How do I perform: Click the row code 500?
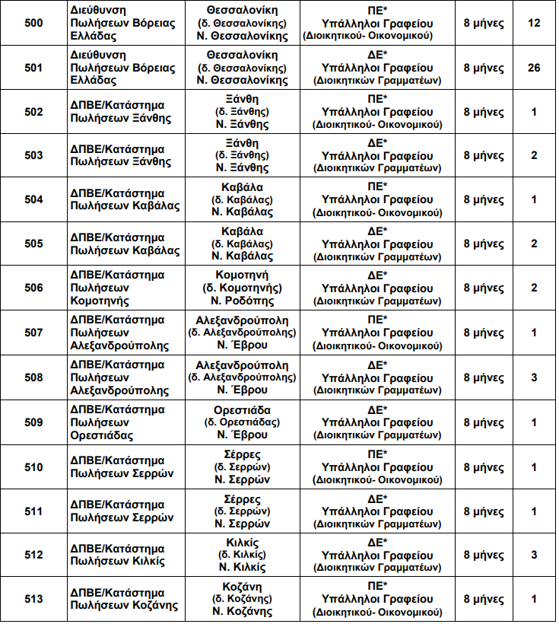(x=33, y=23)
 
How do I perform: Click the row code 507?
(x=33, y=333)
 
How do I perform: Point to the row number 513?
(x=33, y=599)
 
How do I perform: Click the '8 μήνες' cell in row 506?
(x=484, y=288)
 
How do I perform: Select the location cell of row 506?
(x=242, y=288)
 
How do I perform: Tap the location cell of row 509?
(x=242, y=422)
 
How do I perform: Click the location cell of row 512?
(x=242, y=555)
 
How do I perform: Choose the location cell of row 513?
(x=242, y=599)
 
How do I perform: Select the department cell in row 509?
(x=113, y=422)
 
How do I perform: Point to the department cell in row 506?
(x=113, y=288)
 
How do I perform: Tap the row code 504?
(x=33, y=200)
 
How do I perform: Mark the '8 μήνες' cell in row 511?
(x=484, y=511)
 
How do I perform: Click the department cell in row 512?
(x=113, y=555)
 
